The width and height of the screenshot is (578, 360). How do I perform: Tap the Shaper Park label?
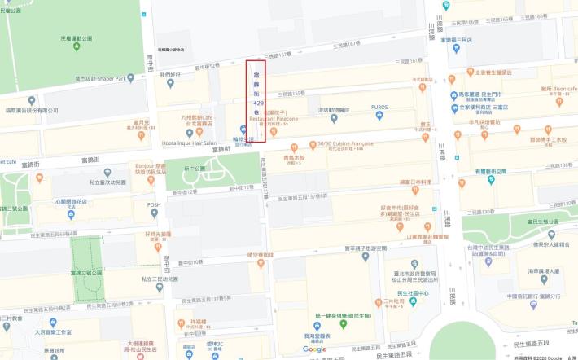[111, 79]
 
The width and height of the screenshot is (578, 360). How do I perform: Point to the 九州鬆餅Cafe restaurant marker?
[189, 133]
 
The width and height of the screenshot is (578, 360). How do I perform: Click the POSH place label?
[153, 205]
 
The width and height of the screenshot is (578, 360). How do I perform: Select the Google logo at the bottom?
[314, 349]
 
